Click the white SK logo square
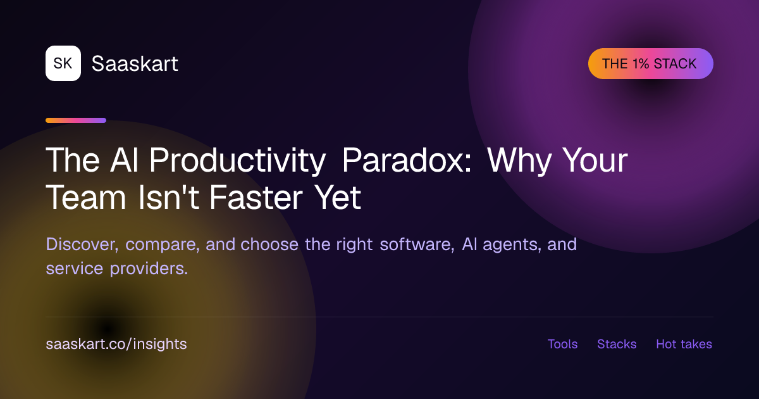(63, 63)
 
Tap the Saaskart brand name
(135, 63)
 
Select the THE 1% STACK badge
(651, 64)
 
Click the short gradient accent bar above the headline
(76, 120)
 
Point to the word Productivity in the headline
(238, 160)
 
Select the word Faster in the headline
(256, 197)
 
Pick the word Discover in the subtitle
(82, 244)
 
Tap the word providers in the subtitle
(149, 269)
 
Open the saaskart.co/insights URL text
(116, 344)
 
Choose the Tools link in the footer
(562, 344)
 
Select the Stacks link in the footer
(617, 344)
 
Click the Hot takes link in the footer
(684, 344)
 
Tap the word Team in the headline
(86, 197)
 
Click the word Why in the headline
(519, 160)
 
